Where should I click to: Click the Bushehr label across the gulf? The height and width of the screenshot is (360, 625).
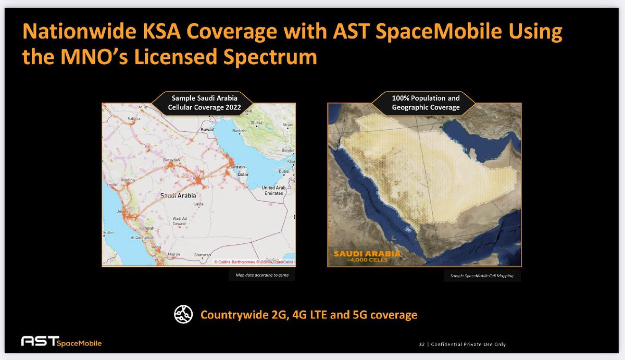[x=239, y=131]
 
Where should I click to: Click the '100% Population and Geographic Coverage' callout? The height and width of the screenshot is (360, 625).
[x=426, y=103]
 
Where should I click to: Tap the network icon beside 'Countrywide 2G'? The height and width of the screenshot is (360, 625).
[x=182, y=315]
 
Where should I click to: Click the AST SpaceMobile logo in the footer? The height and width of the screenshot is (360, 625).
[x=61, y=342]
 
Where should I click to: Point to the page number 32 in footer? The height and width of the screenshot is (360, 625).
[x=421, y=344]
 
